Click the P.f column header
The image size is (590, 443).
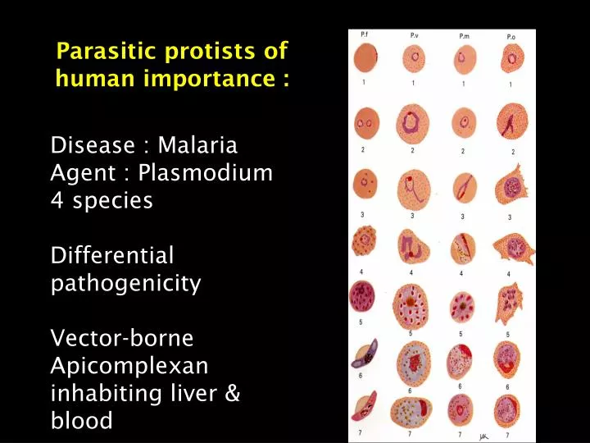[364, 34]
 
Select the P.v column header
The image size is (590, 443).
[416, 35]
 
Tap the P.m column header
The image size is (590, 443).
[464, 36]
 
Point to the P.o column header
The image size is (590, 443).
[511, 36]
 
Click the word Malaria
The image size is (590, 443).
[197, 146]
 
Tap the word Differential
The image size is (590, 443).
[113, 255]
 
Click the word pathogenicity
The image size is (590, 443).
[126, 284]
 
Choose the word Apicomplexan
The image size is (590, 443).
[129, 366]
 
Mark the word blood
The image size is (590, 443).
[81, 421]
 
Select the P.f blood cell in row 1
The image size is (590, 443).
[365, 58]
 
